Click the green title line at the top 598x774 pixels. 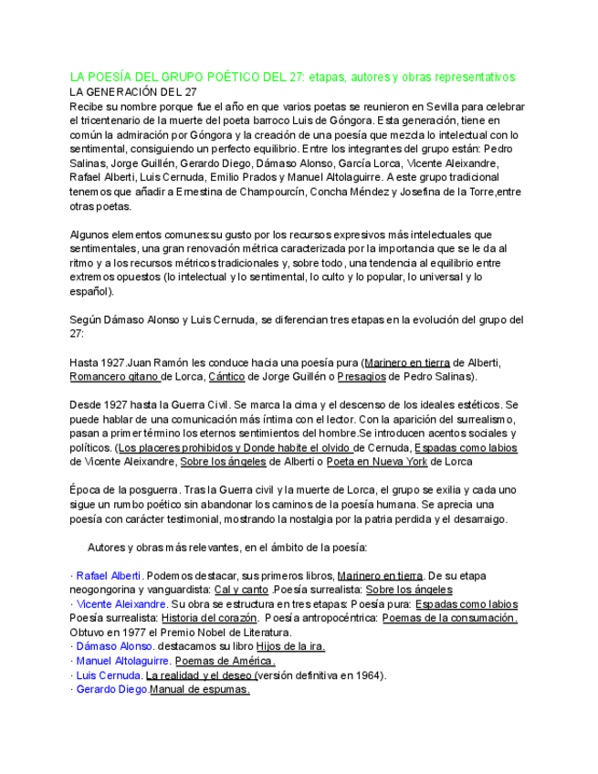pyautogui.click(x=293, y=78)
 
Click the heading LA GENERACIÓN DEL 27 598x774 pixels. pyautogui.click(x=133, y=92)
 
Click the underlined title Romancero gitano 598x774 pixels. pyautogui.click(x=115, y=376)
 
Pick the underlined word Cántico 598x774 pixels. pyautogui.click(x=226, y=376)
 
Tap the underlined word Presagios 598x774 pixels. pyautogui.click(x=361, y=376)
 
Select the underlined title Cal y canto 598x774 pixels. pyautogui.click(x=241, y=590)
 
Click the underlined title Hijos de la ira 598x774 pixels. pyautogui.click(x=290, y=646)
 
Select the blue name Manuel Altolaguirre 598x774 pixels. pyautogui.click(x=122, y=661)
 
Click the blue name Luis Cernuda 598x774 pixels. pyautogui.click(x=109, y=675)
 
